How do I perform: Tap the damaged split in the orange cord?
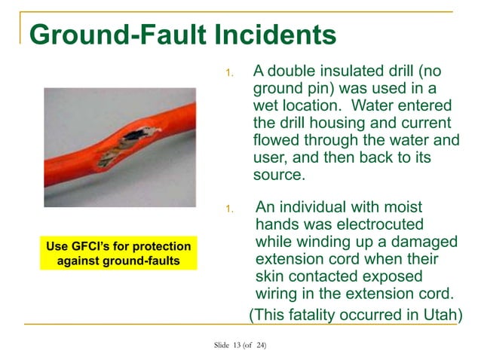129,143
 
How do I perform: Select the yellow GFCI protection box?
118,253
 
